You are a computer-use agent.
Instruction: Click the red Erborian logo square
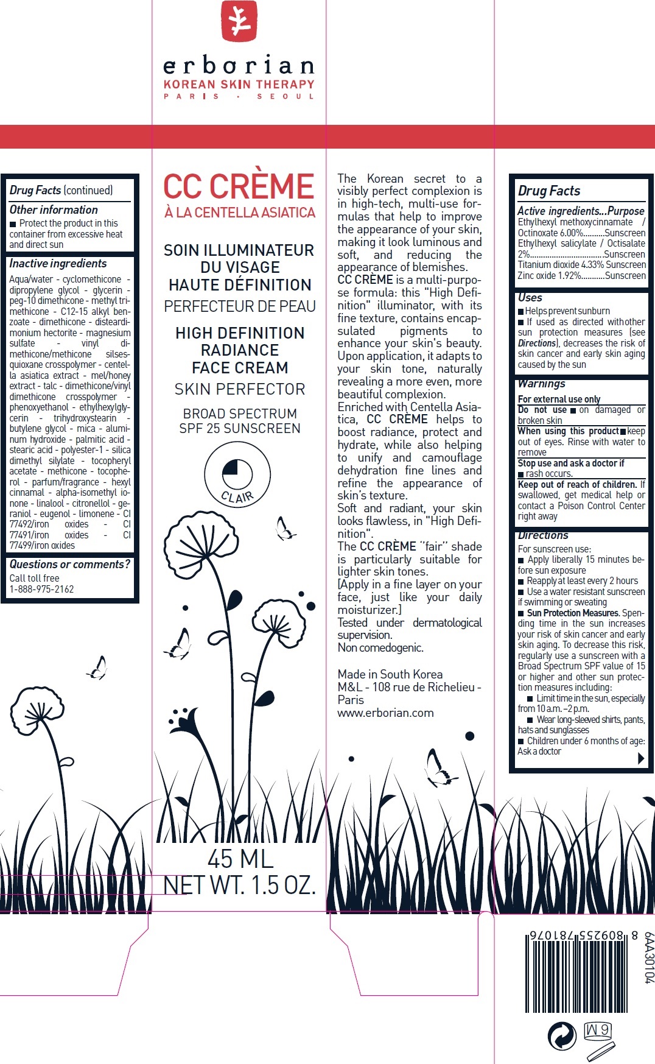239,21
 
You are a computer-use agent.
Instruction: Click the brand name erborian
239,65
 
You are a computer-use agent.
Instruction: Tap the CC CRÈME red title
239,186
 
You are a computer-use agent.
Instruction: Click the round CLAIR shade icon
237,474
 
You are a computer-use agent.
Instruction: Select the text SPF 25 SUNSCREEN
240,429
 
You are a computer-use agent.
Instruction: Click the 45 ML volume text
240,859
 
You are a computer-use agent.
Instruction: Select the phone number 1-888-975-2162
41,589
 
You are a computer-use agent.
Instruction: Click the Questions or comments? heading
69,565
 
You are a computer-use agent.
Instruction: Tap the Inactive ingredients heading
58,264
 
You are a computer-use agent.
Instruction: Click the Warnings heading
542,384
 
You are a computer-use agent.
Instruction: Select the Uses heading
530,298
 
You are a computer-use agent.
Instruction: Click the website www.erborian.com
386,713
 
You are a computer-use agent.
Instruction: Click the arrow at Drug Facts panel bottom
640,758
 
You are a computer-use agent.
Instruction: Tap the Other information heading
54,210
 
